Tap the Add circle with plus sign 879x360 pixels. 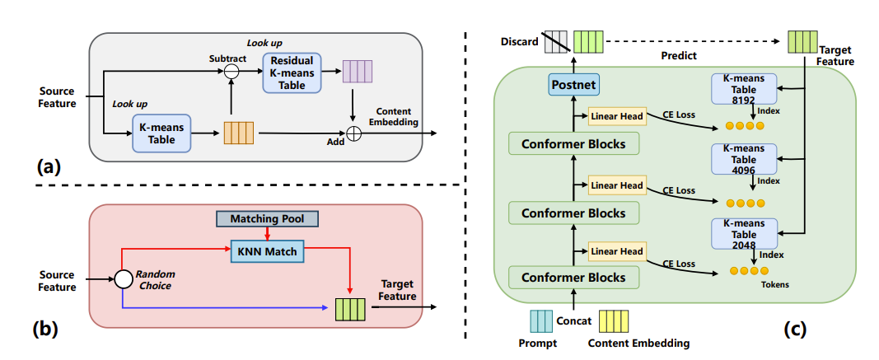pyautogui.click(x=353, y=133)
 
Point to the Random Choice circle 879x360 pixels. pyautogui.click(x=124, y=279)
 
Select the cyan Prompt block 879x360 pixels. pyautogui.click(x=543, y=320)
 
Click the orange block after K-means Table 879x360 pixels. pyautogui.click(x=240, y=133)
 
